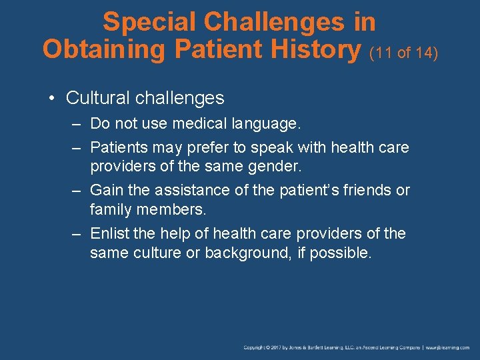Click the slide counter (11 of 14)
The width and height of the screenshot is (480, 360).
tap(403, 52)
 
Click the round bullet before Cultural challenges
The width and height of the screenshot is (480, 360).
tap(52, 99)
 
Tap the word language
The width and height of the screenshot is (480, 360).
tap(267, 124)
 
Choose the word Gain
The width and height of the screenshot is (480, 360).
tap(106, 190)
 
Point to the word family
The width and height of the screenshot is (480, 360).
tap(109, 210)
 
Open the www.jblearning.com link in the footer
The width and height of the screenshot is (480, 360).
tap(447, 347)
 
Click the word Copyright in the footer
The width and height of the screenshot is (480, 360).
tap(256, 347)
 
